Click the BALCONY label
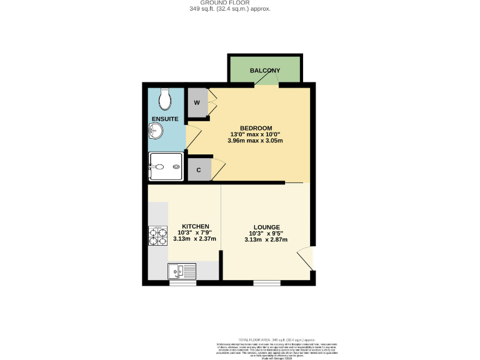pos(265,71)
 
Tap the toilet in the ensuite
pos(165,98)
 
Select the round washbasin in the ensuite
pos(156,131)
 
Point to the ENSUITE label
pos(165,118)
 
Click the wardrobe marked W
pos(197,102)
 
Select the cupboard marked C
pos(199,169)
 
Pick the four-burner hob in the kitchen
pos(157,236)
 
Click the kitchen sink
pos(182,271)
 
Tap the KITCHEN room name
pos(195,226)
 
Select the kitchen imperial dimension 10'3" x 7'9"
pos(195,232)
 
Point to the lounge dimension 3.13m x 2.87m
pos(266,239)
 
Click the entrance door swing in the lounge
pos(304,258)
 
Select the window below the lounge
pos(266,283)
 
